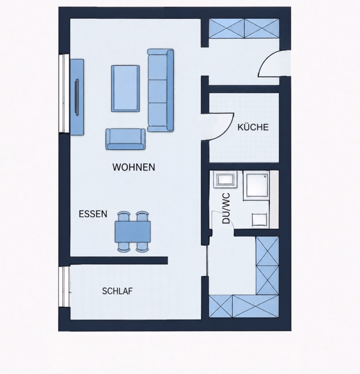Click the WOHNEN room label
coord(133,167)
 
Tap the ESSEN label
coord(93,214)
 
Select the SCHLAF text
coord(117,291)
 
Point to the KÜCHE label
coord(253,127)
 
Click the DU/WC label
coord(226,208)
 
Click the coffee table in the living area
coord(125,89)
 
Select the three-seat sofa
coord(160,91)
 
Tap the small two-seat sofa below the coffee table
coord(125,139)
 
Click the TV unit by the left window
coord(77,97)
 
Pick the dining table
coord(133,231)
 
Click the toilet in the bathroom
coord(259,220)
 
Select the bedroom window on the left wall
coord(64,287)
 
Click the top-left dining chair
coord(124,216)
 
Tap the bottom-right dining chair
coord(143,247)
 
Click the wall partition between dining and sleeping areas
coord(118,261)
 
